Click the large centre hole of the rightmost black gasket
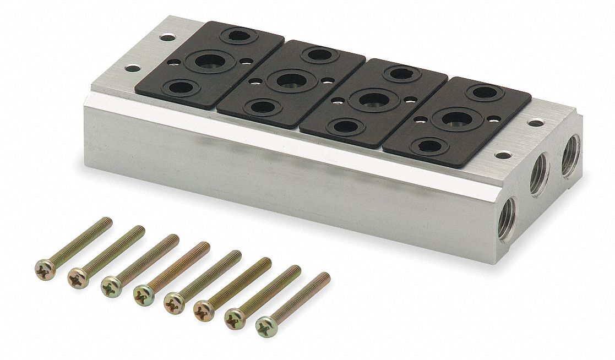[x=456, y=118]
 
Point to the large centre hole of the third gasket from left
[x=373, y=100]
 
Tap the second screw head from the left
[x=78, y=279]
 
